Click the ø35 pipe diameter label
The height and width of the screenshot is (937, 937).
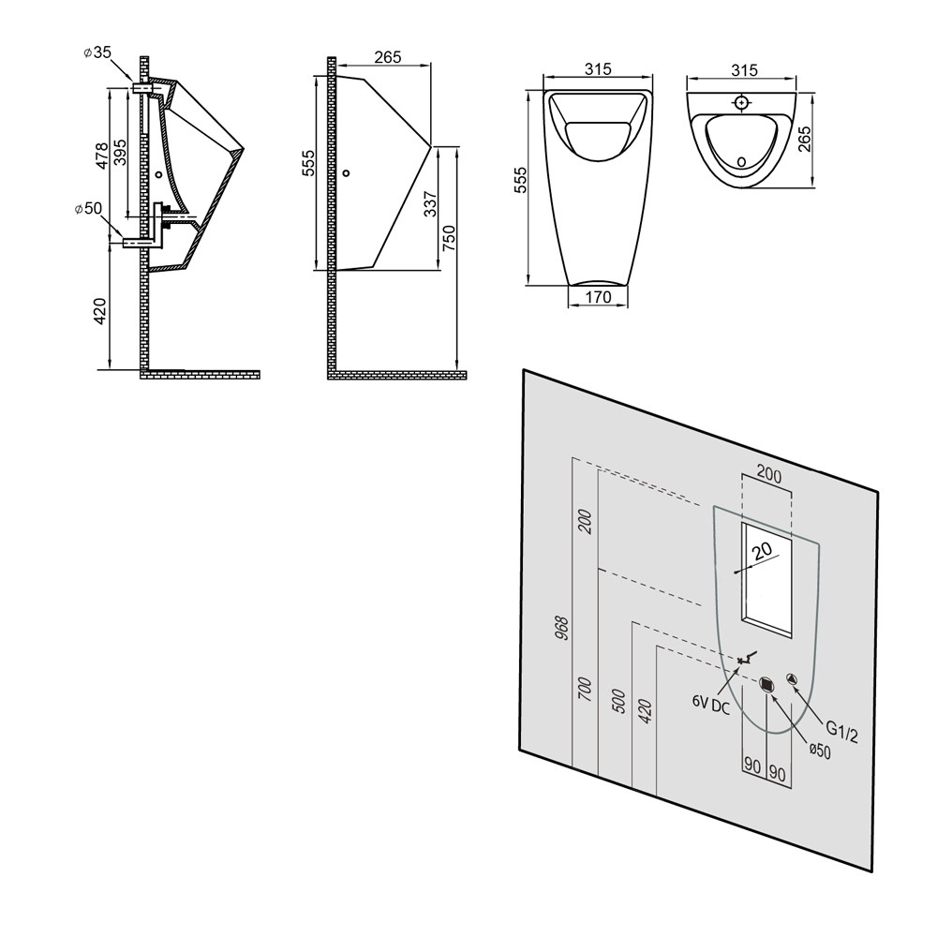[x=97, y=52]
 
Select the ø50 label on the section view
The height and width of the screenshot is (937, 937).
[x=88, y=209]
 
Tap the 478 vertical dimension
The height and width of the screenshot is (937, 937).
[x=101, y=156]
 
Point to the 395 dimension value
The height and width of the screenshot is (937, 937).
[x=120, y=153]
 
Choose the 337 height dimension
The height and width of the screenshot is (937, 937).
[x=430, y=203]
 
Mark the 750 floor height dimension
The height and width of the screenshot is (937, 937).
[x=449, y=237]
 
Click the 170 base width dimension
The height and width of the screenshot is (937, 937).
[x=598, y=297]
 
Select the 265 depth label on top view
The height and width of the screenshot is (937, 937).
[x=804, y=139]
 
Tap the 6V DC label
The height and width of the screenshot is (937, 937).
[x=711, y=705]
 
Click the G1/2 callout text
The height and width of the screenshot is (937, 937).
[x=842, y=732]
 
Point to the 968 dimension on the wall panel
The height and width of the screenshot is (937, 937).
[x=562, y=628]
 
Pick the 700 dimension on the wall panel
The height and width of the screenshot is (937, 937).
[x=586, y=689]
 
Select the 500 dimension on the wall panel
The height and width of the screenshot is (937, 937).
[x=619, y=701]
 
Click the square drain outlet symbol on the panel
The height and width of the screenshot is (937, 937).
[x=766, y=684]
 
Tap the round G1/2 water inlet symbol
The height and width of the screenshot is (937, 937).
[x=792, y=679]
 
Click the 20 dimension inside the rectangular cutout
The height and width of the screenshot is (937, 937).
[x=763, y=550]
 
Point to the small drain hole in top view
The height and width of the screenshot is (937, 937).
[x=741, y=161]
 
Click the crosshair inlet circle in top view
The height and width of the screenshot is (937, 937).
[x=741, y=103]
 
